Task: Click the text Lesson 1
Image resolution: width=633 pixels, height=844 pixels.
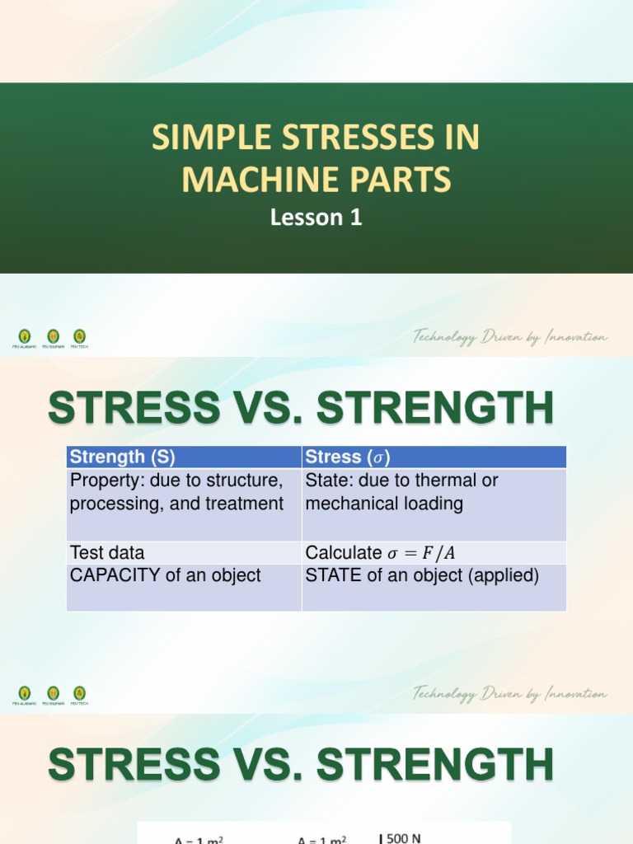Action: (316, 218)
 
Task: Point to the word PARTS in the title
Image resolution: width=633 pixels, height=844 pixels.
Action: (405, 179)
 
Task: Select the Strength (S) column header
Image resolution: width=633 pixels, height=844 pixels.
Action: (123, 457)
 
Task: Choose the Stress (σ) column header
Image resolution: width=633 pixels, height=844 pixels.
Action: (347, 457)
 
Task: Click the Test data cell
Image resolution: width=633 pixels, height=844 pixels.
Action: (107, 552)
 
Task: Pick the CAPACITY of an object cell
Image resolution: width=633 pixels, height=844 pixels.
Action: (166, 575)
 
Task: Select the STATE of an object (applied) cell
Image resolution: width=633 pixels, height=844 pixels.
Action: (422, 575)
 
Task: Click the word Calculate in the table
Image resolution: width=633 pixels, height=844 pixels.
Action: (343, 553)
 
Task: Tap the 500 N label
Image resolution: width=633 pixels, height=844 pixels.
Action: (403, 838)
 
